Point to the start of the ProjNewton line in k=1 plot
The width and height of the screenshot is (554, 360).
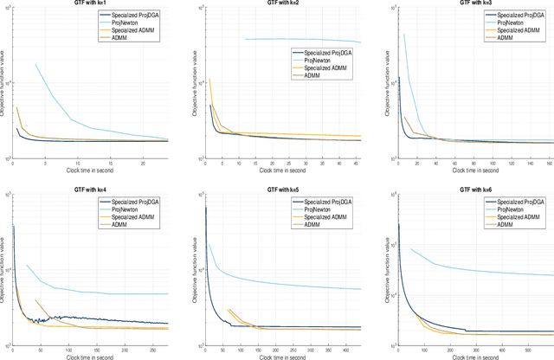[35, 64]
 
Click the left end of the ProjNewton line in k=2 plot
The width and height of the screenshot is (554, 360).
[247, 39]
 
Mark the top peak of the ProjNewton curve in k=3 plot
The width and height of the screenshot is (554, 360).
[403, 35]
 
